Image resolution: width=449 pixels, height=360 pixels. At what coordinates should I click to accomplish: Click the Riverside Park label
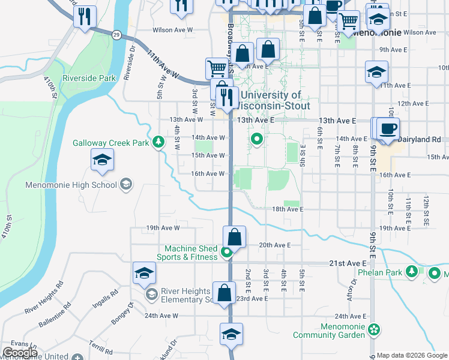click(89, 78)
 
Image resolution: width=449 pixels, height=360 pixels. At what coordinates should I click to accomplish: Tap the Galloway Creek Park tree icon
click(158, 142)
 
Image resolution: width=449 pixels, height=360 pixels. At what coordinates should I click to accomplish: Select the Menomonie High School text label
click(71, 185)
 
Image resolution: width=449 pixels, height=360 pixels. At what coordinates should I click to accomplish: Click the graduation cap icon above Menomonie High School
click(102, 160)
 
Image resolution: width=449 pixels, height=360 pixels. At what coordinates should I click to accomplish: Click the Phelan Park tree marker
click(412, 272)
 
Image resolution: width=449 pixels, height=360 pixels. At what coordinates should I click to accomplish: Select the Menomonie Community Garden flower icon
click(375, 329)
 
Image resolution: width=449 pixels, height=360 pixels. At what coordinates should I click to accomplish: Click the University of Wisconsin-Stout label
click(275, 100)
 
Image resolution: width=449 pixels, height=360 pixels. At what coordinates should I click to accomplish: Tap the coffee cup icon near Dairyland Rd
click(388, 128)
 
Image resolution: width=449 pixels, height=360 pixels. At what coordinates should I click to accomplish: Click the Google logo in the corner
click(20, 353)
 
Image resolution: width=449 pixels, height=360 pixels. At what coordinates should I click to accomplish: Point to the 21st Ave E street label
click(348, 263)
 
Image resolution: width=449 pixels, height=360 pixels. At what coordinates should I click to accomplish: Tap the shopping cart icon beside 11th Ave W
click(216, 68)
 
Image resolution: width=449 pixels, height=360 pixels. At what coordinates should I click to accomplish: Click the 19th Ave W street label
click(163, 228)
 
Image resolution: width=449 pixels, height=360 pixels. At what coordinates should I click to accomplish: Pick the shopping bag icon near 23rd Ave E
click(224, 293)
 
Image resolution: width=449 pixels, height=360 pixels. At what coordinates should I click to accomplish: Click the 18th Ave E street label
click(288, 209)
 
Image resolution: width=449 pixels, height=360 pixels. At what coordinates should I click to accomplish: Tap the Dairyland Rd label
click(420, 139)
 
